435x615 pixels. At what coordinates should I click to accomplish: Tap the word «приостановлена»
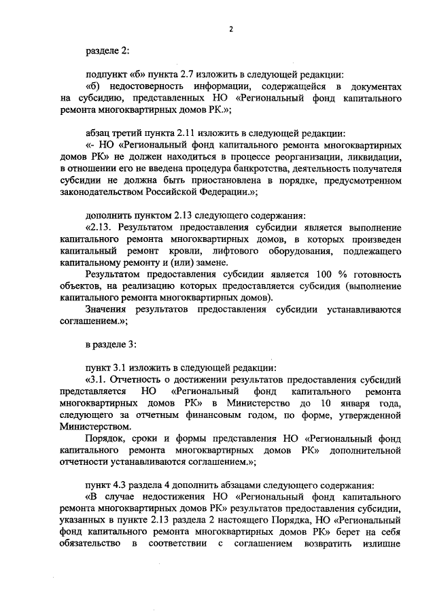(208, 181)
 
